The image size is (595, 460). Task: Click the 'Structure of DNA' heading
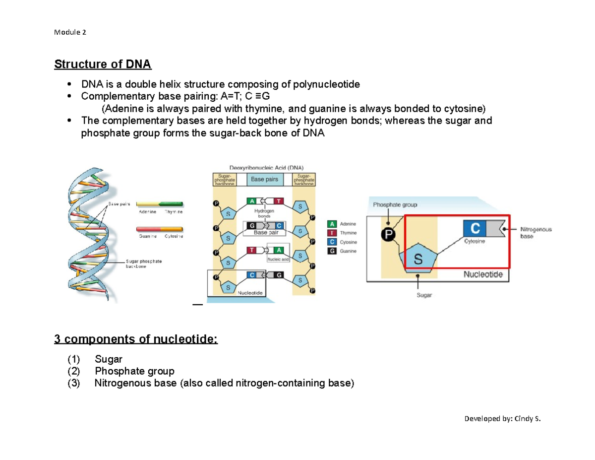click(103, 65)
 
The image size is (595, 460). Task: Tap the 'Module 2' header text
click(69, 33)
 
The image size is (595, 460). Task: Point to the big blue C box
click(475, 228)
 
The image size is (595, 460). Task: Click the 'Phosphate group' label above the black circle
click(395, 204)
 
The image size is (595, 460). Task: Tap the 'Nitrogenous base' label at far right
click(536, 233)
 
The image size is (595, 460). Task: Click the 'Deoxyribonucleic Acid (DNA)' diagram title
click(266, 167)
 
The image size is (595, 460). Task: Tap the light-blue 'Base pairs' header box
click(264, 179)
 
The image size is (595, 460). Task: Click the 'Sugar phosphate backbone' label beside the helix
click(144, 263)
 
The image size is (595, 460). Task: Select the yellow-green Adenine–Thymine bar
click(159, 203)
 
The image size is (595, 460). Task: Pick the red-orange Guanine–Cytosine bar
click(159, 229)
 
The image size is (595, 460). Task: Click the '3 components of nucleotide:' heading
click(135, 339)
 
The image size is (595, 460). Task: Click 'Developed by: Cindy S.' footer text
click(502, 418)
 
